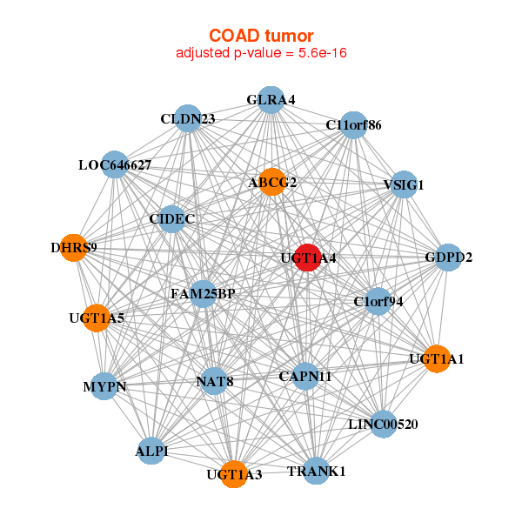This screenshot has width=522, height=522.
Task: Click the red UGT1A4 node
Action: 308,258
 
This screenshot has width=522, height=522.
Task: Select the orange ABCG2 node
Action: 272,182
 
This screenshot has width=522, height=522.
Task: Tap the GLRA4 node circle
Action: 271,100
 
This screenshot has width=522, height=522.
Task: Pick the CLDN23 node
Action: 188,118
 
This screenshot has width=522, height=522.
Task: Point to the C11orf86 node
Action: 353,124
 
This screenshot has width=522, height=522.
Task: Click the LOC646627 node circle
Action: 115,164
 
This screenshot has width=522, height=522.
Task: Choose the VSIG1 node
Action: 404,184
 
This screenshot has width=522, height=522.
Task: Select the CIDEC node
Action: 171,218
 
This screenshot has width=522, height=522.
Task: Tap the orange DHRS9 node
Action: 74,248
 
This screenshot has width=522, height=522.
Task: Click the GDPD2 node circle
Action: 448,258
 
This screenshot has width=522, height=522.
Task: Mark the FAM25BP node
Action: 203,294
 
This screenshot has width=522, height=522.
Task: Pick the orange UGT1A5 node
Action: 97,318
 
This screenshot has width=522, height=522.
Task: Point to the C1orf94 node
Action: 378,302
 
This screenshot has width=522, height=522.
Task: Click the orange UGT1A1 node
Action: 437,358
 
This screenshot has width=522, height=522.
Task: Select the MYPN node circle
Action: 104,386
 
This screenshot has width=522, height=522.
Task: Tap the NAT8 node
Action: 215,381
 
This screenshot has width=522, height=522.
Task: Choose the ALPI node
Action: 151,451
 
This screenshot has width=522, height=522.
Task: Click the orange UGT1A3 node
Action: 234,474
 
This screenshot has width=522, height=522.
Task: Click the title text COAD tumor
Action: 261,36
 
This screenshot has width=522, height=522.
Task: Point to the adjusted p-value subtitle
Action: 261,53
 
